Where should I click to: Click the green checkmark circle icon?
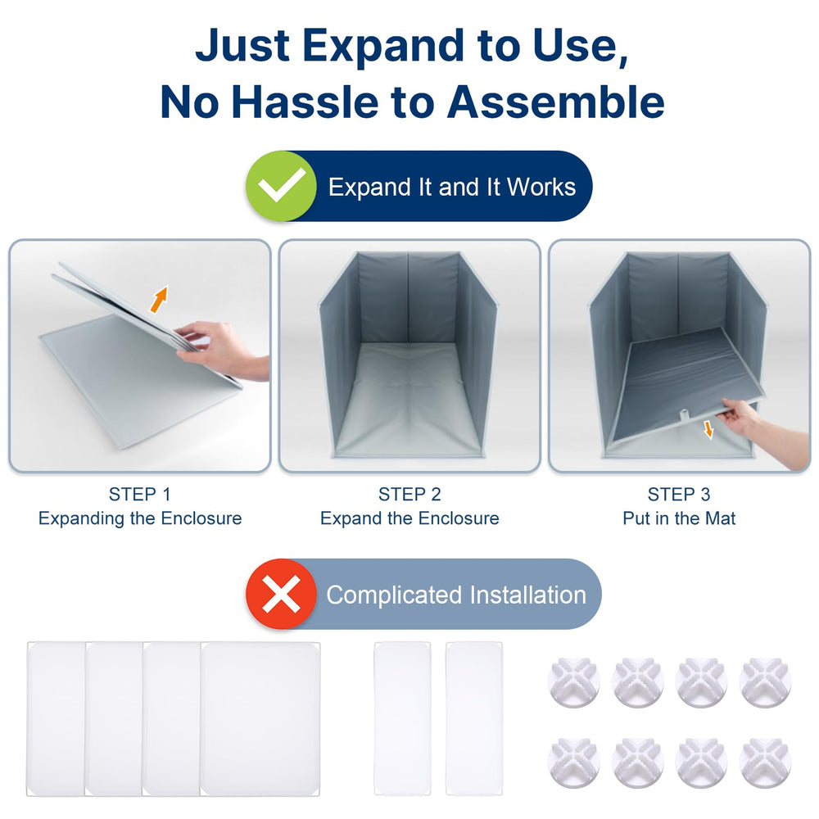coord(281,186)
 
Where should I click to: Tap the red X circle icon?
coord(281,595)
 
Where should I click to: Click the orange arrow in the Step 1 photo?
coord(159,299)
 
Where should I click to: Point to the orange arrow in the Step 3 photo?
coord(708,429)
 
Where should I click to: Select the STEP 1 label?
coord(139,495)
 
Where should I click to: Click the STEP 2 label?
coord(409,495)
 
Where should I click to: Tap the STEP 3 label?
coord(679,495)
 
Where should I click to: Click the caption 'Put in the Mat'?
coord(679,518)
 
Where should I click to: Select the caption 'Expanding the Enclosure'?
coord(139,518)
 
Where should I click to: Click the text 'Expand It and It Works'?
coord(452,187)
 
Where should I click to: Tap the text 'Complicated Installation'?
coord(456,595)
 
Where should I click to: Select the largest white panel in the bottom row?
coord(260,717)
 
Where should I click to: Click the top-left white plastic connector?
coord(573,682)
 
